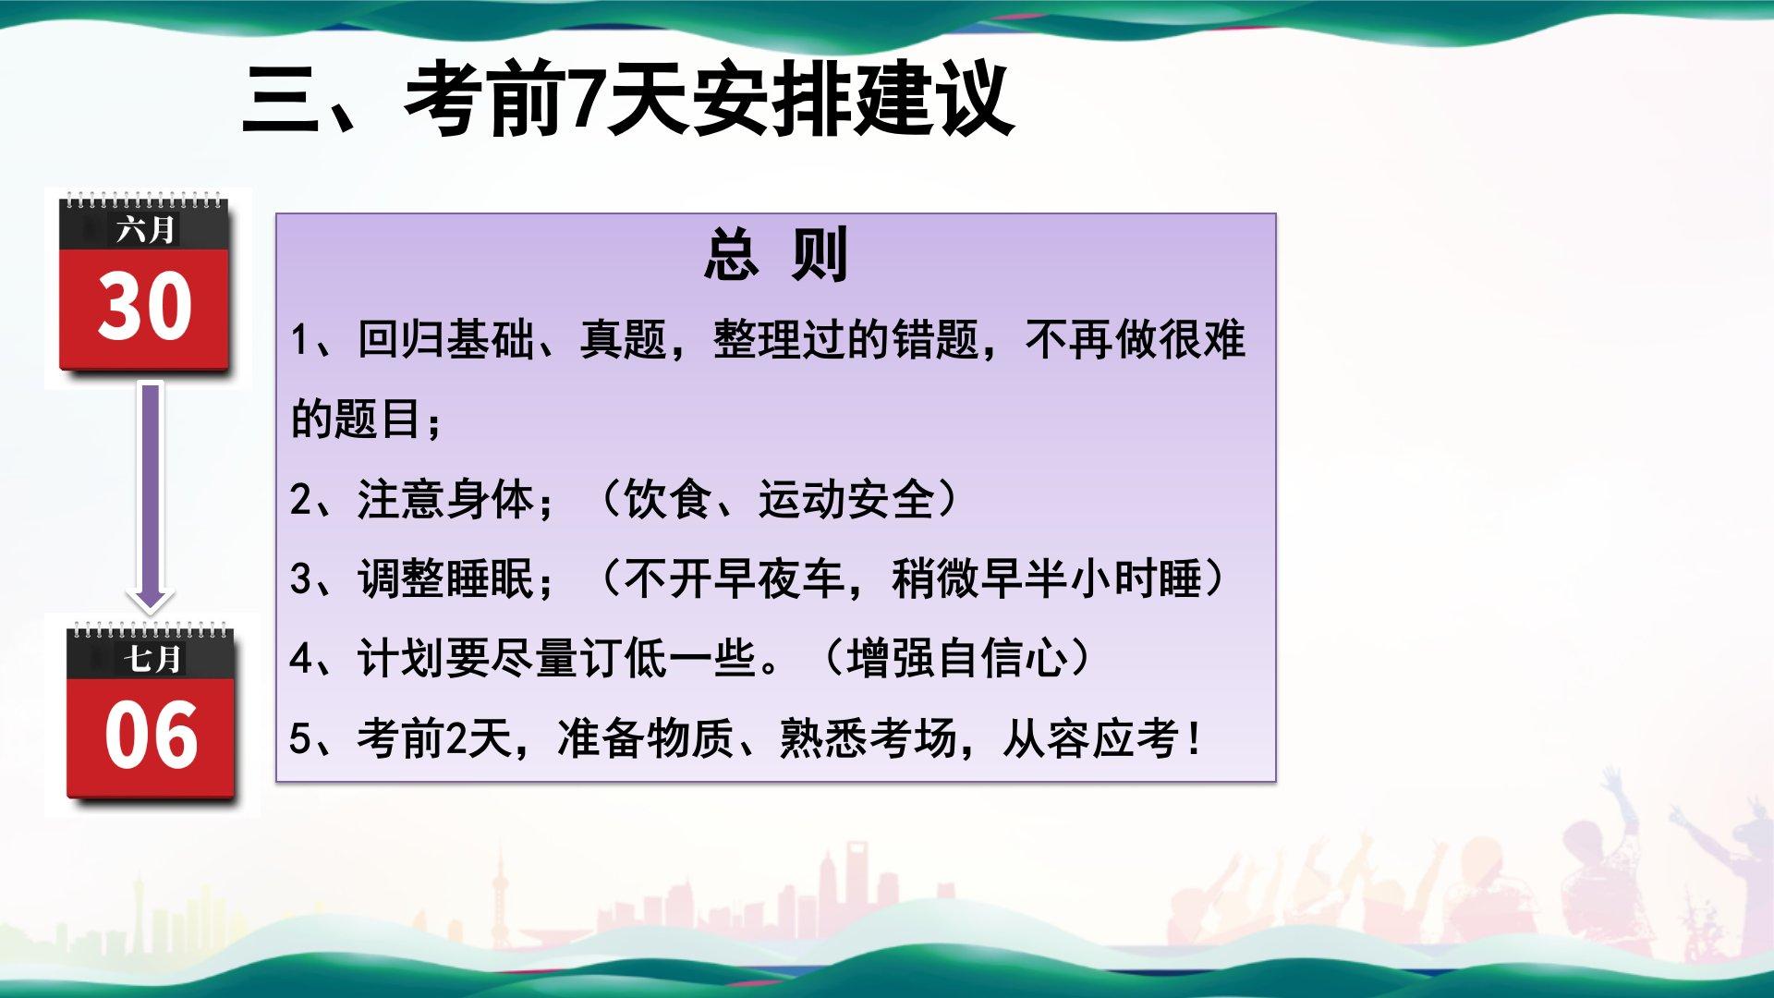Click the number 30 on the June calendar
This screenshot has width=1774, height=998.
coord(144,306)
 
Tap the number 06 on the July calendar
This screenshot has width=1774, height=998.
coord(151,735)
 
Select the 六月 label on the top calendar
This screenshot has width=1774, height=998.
coord(145,228)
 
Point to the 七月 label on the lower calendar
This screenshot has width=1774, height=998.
coord(152,658)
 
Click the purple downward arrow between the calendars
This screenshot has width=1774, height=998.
coord(150,496)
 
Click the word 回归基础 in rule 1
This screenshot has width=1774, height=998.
coord(445,339)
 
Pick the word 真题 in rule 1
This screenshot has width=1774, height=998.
coord(624,339)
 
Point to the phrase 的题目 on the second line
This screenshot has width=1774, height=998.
coord(357,419)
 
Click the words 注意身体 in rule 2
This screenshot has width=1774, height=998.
coord(445,499)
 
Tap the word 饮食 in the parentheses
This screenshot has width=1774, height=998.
coord(667,499)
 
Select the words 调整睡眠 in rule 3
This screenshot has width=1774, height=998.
coord(445,578)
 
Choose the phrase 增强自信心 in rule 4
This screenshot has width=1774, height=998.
coord(956,659)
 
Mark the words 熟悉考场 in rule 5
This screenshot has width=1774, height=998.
coord(868,738)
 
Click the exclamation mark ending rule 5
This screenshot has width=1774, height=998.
coord(1196,739)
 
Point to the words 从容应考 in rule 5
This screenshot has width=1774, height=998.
coord(1090,738)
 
